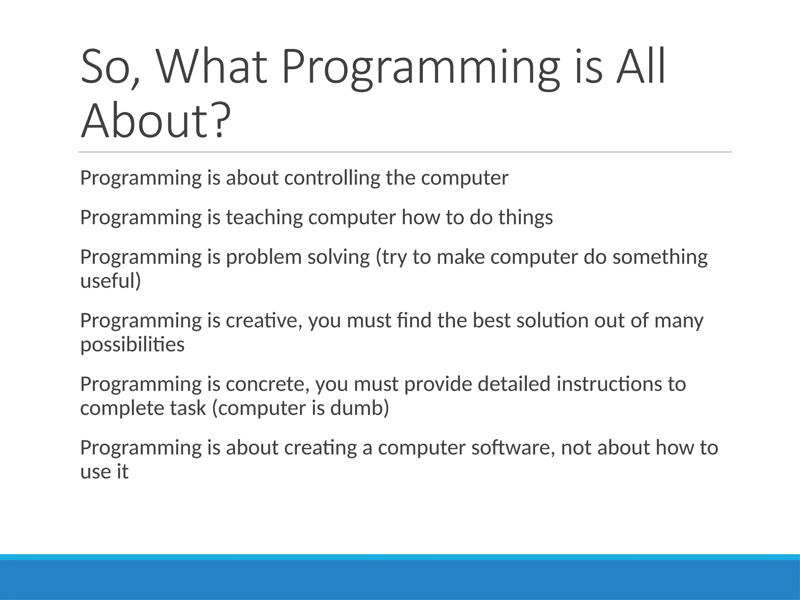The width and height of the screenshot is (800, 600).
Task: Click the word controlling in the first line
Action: point(332,178)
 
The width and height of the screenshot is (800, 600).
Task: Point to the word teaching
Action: point(264,218)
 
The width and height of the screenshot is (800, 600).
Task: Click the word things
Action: point(525,218)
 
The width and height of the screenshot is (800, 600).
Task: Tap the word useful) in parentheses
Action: point(111,281)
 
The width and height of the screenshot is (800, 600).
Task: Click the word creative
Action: point(264,321)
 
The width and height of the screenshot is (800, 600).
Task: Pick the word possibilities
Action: point(132,345)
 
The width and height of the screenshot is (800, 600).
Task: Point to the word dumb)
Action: point(359,408)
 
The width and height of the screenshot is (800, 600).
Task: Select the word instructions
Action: point(609,384)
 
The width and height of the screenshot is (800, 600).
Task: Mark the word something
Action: point(660,257)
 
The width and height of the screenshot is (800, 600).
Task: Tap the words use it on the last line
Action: point(104,471)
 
